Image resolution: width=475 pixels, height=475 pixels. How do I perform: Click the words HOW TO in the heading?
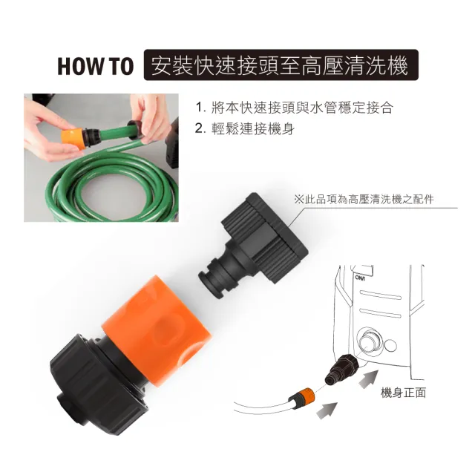[96, 66]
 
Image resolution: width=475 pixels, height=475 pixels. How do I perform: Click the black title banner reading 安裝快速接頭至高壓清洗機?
[281, 65]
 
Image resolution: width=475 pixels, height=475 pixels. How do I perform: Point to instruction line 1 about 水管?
[294, 108]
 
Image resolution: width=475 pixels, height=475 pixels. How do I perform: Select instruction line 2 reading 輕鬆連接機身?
[245, 129]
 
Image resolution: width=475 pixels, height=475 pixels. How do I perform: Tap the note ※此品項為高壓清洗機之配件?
[364, 200]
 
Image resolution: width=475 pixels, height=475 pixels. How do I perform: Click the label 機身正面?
[403, 393]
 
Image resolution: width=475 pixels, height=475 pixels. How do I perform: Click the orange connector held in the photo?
[73, 138]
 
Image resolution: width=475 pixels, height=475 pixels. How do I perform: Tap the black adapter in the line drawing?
[341, 369]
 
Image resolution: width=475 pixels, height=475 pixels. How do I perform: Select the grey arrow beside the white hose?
[327, 410]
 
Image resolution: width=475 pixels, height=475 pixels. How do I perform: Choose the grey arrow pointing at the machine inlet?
[368, 379]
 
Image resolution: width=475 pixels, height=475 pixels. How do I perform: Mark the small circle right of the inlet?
[390, 346]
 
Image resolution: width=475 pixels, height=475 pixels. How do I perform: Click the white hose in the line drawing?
[263, 406]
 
